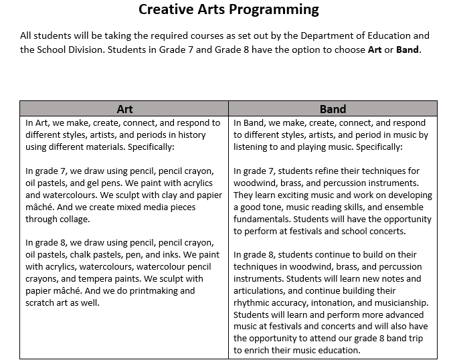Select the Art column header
pos(124,109)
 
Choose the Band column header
pos(333,109)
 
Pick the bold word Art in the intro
pos(375,50)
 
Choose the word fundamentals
pos(267,219)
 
